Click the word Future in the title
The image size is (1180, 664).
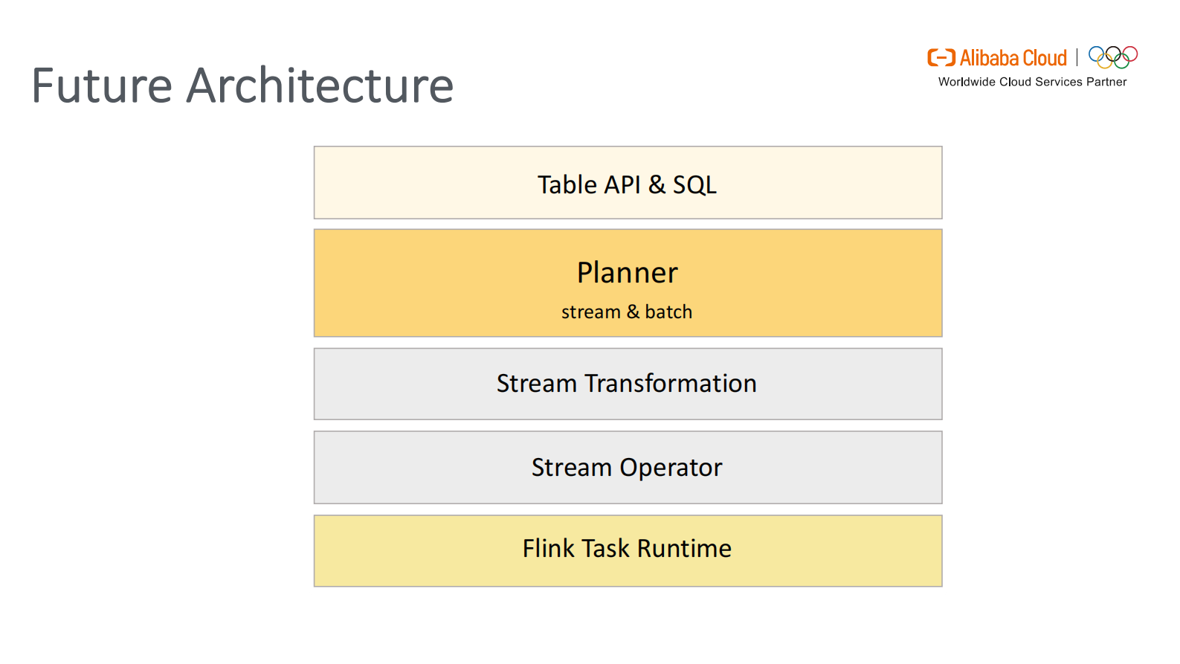tap(102, 86)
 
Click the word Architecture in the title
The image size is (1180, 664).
tap(320, 86)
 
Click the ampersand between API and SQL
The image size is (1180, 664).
tap(657, 184)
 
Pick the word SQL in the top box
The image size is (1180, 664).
tap(694, 184)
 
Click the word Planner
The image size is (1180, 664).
tap(628, 273)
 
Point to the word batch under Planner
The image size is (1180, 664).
tap(668, 312)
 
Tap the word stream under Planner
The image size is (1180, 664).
tap(590, 312)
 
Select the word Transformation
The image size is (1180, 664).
tap(671, 383)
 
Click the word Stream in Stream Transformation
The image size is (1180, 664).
tap(537, 383)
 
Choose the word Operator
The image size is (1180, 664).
tap(671, 468)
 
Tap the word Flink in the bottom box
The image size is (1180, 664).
tap(549, 549)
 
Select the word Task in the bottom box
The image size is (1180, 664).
tap(606, 549)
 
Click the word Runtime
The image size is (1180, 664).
tap(684, 549)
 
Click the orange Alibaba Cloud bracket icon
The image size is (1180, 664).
tap(941, 58)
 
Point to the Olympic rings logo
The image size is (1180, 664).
tap(1113, 57)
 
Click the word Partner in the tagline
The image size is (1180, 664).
tap(1106, 82)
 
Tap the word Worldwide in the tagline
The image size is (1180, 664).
tap(967, 82)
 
